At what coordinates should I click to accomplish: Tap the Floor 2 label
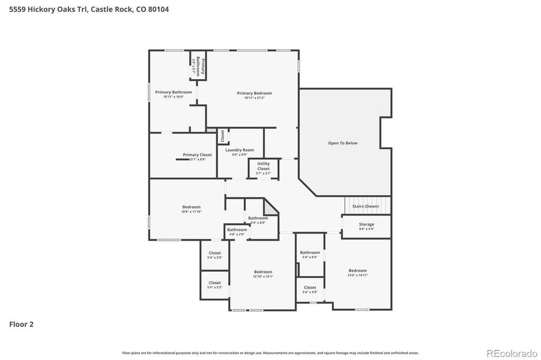tap(21, 324)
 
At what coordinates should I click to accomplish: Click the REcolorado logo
tap(512, 352)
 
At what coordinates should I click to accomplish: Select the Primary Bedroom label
tap(254, 93)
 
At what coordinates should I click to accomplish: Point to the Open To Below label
tap(342, 143)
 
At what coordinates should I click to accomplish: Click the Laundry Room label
tap(240, 150)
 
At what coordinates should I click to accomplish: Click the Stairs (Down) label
tap(365, 206)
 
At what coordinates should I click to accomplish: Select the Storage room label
tap(366, 224)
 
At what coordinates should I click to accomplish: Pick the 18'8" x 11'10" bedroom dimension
tap(191, 212)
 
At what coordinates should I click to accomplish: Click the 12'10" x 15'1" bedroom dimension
tap(262, 277)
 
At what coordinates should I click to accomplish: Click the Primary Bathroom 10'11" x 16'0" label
tap(173, 94)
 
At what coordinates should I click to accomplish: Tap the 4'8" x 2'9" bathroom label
tap(237, 232)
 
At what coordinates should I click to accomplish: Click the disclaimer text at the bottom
tap(270, 353)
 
